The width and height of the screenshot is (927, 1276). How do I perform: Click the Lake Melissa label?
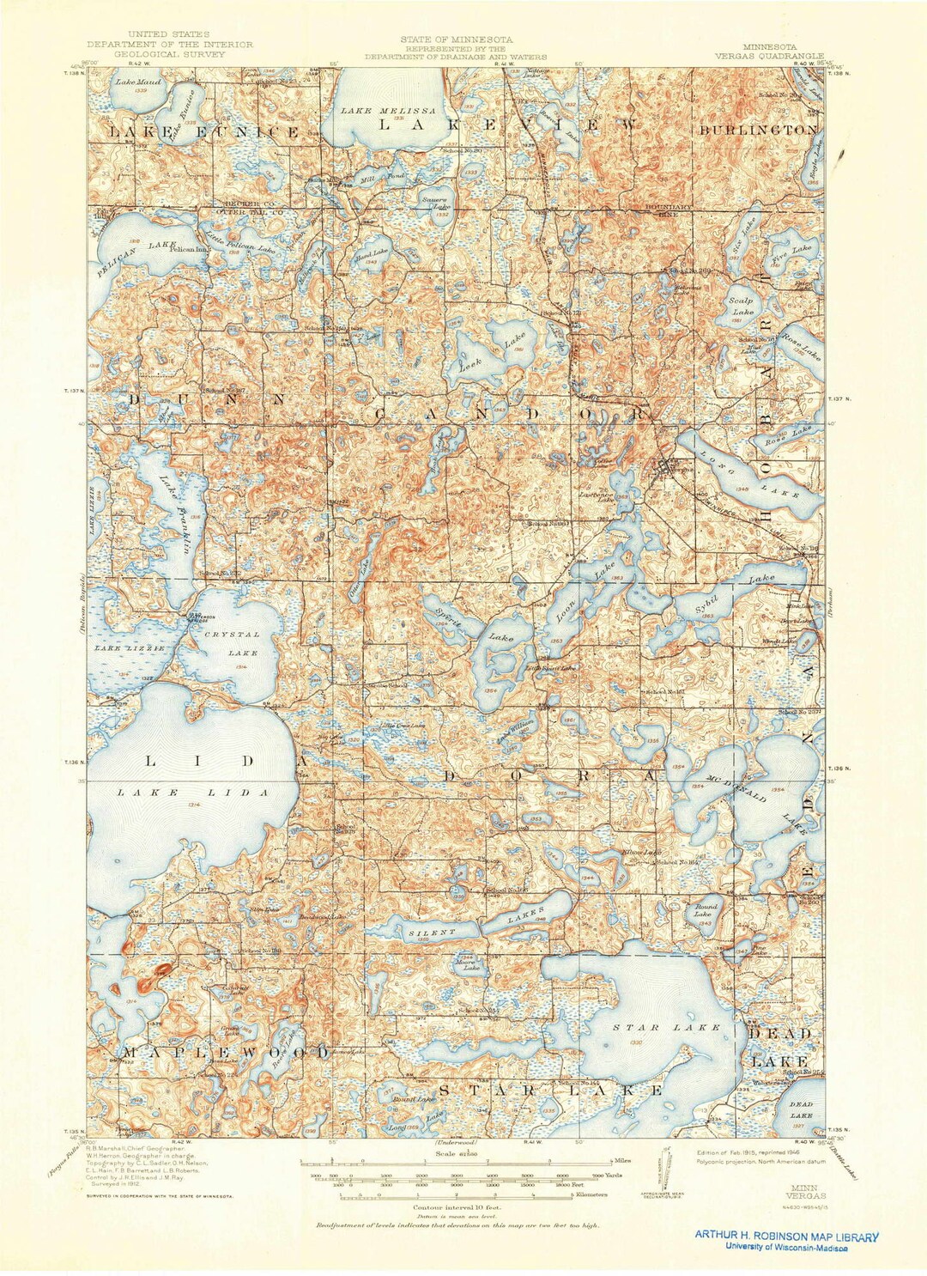coord(388,111)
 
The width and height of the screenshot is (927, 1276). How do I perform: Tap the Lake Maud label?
coord(132,82)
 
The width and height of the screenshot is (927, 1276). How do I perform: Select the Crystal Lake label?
coord(232,643)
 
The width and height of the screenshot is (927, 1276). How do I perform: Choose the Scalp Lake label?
coord(741,307)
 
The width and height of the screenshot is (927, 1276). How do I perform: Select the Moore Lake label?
coord(466,962)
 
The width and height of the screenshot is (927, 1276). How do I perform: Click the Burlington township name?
coord(758,130)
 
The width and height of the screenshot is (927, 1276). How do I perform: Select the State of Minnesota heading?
coord(456,39)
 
